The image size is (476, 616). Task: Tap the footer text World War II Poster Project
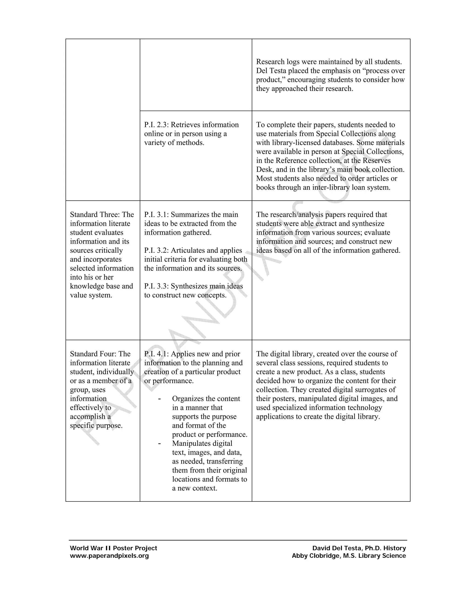113,548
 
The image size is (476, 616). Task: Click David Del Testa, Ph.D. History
359,548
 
